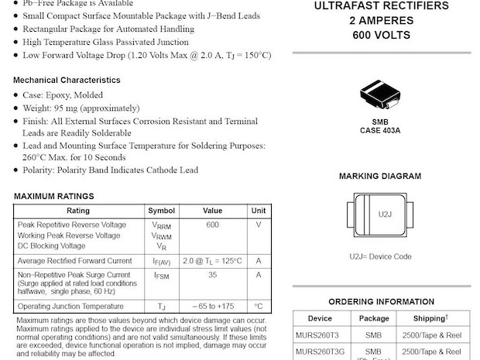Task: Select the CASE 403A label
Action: click(x=380, y=130)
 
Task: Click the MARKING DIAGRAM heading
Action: click(x=380, y=177)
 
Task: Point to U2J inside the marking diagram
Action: click(x=385, y=214)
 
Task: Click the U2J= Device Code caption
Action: click(x=380, y=256)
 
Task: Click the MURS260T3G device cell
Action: click(x=322, y=352)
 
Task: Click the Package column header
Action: click(x=374, y=318)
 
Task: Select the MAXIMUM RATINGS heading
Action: click(x=53, y=197)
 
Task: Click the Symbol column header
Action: click(x=162, y=211)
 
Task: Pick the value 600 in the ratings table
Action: click(x=212, y=225)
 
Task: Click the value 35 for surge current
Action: click(x=212, y=275)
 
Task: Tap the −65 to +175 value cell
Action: click(x=212, y=307)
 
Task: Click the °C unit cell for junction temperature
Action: click(x=259, y=307)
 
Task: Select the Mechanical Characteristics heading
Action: click(x=67, y=80)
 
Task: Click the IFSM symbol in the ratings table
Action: click(x=162, y=276)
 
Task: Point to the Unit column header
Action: click(x=259, y=211)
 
